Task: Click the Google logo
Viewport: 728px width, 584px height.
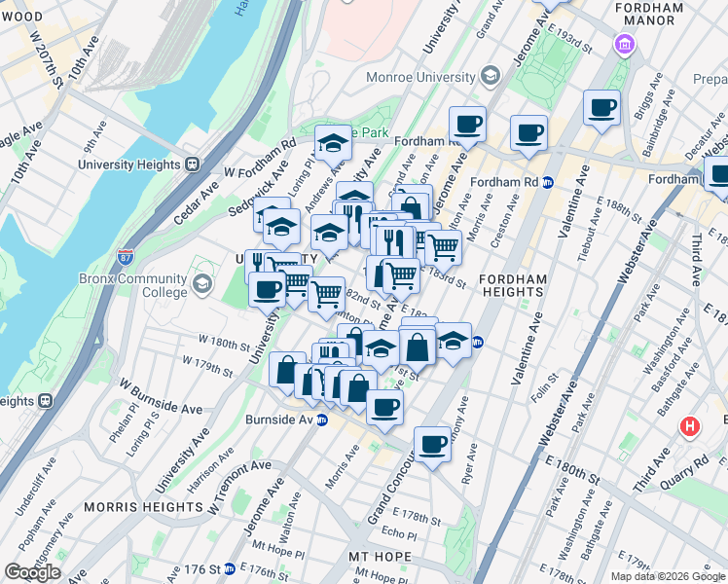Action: [x=32, y=572]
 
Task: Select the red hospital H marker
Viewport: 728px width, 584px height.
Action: [x=690, y=426]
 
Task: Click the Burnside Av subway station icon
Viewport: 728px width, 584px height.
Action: [x=321, y=420]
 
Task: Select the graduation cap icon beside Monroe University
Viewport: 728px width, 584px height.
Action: [x=490, y=76]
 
